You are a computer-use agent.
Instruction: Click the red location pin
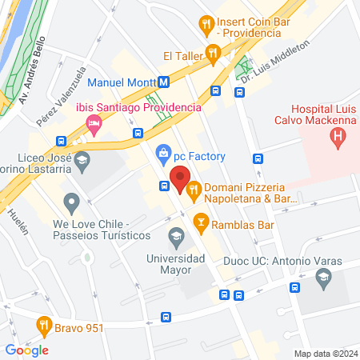coord(179,178)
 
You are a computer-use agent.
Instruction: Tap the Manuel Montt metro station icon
coord(162,82)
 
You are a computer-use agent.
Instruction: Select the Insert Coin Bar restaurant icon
coord(207,24)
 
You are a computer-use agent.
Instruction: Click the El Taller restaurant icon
coord(213,55)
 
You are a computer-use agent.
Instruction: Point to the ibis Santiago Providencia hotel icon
coord(94,125)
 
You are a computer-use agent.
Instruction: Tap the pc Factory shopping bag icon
coord(163,151)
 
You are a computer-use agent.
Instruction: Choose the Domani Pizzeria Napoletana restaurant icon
coord(193,189)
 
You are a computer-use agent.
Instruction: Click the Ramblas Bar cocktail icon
coord(201,219)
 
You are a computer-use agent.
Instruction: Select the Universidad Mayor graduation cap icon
coord(175,237)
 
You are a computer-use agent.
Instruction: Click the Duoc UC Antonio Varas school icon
coord(324,278)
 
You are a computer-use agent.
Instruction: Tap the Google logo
coord(26,350)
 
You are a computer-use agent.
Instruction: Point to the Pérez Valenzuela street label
coord(60,97)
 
